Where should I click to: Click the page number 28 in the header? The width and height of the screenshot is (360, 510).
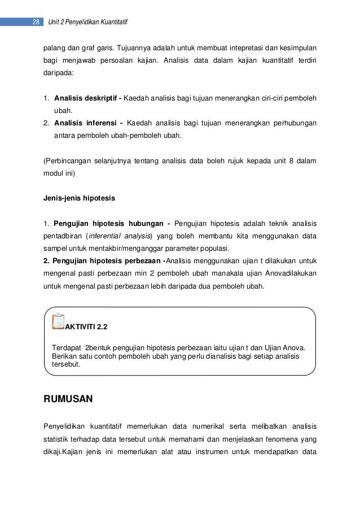click(x=36, y=23)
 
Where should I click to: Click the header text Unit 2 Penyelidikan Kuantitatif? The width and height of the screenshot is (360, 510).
click(x=88, y=23)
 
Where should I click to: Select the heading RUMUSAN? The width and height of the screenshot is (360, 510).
click(x=68, y=399)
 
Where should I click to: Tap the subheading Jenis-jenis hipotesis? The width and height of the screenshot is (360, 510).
click(x=80, y=198)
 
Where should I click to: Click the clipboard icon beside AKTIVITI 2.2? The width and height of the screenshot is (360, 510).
click(x=58, y=321)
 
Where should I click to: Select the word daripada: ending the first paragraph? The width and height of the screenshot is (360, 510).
click(x=58, y=73)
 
